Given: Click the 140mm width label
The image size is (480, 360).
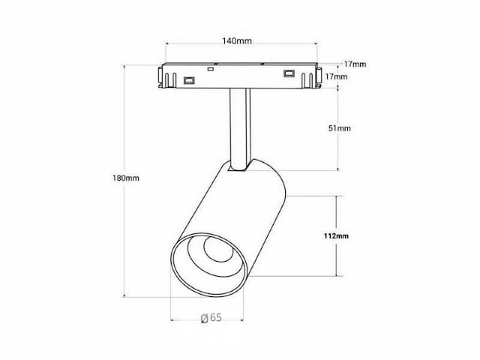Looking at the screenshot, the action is tap(237, 40).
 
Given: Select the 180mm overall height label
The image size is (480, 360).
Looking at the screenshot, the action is tap(126, 178).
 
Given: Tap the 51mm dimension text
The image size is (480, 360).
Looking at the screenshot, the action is tap(340, 128).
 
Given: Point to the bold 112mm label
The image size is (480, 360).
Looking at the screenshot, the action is tap(336, 235).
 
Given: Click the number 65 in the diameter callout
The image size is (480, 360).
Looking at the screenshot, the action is tap(216, 317).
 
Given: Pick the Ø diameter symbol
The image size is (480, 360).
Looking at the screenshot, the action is tap(205, 318).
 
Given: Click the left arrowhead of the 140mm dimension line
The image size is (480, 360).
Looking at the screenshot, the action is tap(167, 43).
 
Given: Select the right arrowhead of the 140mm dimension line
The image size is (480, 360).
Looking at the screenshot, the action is tap(316, 43).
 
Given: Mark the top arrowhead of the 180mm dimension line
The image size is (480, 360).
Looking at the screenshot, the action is tap(124, 67).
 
